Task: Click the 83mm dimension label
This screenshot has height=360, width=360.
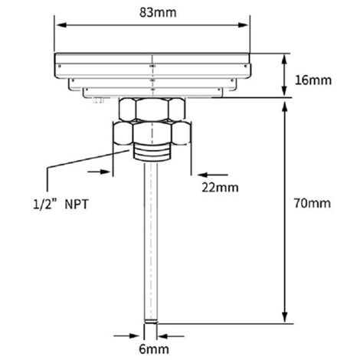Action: pos(158,12)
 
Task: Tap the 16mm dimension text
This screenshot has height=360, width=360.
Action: pos(313,80)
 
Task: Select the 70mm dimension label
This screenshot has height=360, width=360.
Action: pos(313,204)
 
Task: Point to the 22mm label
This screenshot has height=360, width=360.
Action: pos(220,188)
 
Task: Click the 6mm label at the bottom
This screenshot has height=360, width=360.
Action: pos(154,349)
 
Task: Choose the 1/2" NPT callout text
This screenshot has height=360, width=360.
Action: pos(61,205)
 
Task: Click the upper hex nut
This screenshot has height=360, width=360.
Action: pos(152,110)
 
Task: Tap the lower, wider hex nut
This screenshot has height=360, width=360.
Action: pos(152,133)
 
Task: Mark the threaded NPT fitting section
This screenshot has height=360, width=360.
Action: pos(151,152)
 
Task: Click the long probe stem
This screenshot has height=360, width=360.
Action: pos(150,243)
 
